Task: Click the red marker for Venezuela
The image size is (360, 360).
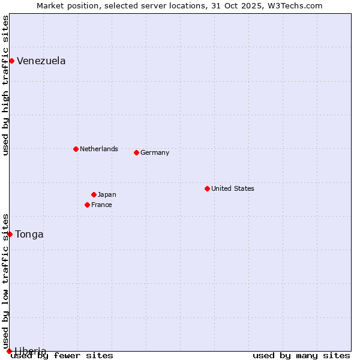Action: click(x=11, y=61)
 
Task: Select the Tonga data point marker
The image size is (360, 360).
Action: click(x=10, y=234)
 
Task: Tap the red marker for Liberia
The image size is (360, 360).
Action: click(x=9, y=351)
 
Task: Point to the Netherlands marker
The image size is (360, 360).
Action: click(x=76, y=149)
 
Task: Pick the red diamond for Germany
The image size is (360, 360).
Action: click(x=136, y=152)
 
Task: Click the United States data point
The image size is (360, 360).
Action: click(x=207, y=188)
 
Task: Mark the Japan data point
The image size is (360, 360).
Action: click(x=94, y=194)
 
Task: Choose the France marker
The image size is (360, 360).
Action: click(x=87, y=205)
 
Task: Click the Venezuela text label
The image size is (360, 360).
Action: click(x=41, y=61)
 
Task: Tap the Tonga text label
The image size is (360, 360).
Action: click(x=29, y=234)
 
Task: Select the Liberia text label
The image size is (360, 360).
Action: click(x=30, y=351)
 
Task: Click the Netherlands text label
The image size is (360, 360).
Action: click(x=98, y=149)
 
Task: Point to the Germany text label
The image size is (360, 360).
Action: click(x=155, y=152)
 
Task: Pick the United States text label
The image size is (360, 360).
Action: click(x=232, y=188)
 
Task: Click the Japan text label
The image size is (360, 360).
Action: click(x=107, y=194)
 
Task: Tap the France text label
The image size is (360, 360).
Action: click(x=101, y=205)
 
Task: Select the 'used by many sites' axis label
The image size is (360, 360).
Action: click(x=301, y=355)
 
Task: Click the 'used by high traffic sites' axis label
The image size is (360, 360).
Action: click(x=5, y=86)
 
